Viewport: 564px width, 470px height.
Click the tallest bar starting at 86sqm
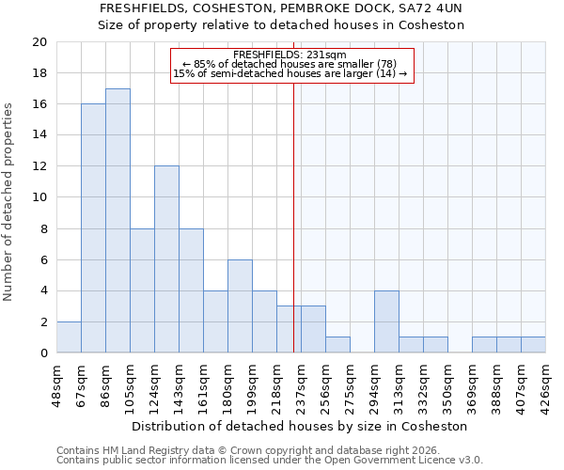[x=117, y=221]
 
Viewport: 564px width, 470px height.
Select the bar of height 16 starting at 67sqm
[x=93, y=228]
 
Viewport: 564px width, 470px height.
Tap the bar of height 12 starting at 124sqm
[x=166, y=259]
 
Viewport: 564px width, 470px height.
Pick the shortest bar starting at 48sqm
[x=69, y=337]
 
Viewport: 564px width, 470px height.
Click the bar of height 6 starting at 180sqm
[x=240, y=306]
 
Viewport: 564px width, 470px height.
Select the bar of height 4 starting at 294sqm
[x=386, y=321]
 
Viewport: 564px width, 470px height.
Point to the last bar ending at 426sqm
[x=533, y=345]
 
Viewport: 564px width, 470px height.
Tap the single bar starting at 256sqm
[x=337, y=345]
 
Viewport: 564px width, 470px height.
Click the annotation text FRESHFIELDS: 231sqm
[x=290, y=55]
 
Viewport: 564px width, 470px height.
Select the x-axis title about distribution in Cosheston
[x=301, y=426]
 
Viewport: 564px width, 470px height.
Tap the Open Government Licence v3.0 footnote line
[x=270, y=461]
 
